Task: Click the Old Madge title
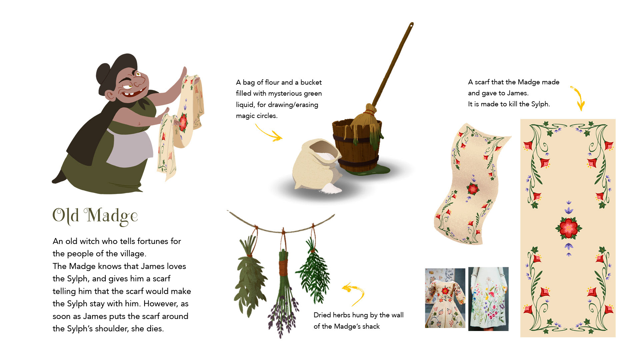tap(95, 216)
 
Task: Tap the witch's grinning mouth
tap(132, 92)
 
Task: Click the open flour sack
tap(317, 167)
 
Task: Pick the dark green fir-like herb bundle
tap(313, 270)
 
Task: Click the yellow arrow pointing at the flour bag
tap(269, 133)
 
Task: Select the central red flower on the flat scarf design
tap(569, 228)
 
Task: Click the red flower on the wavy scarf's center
tap(473, 189)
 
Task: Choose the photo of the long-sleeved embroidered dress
tap(445, 298)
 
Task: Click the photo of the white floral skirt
tap(488, 299)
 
